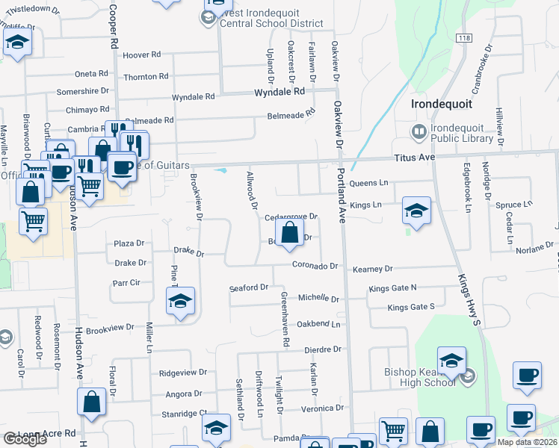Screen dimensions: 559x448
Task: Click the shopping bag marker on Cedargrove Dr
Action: (289, 232)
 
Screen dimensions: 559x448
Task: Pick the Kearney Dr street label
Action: (373, 269)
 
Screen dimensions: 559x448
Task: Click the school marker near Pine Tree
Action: (180, 301)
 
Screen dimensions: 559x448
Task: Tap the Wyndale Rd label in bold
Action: (279, 92)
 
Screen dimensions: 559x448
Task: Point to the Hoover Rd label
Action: (142, 55)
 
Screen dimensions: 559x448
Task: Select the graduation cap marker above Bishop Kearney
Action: (451, 361)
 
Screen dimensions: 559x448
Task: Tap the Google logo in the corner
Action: (24, 439)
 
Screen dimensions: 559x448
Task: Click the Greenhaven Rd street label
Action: (285, 319)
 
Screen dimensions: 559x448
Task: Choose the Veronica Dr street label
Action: (322, 408)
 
